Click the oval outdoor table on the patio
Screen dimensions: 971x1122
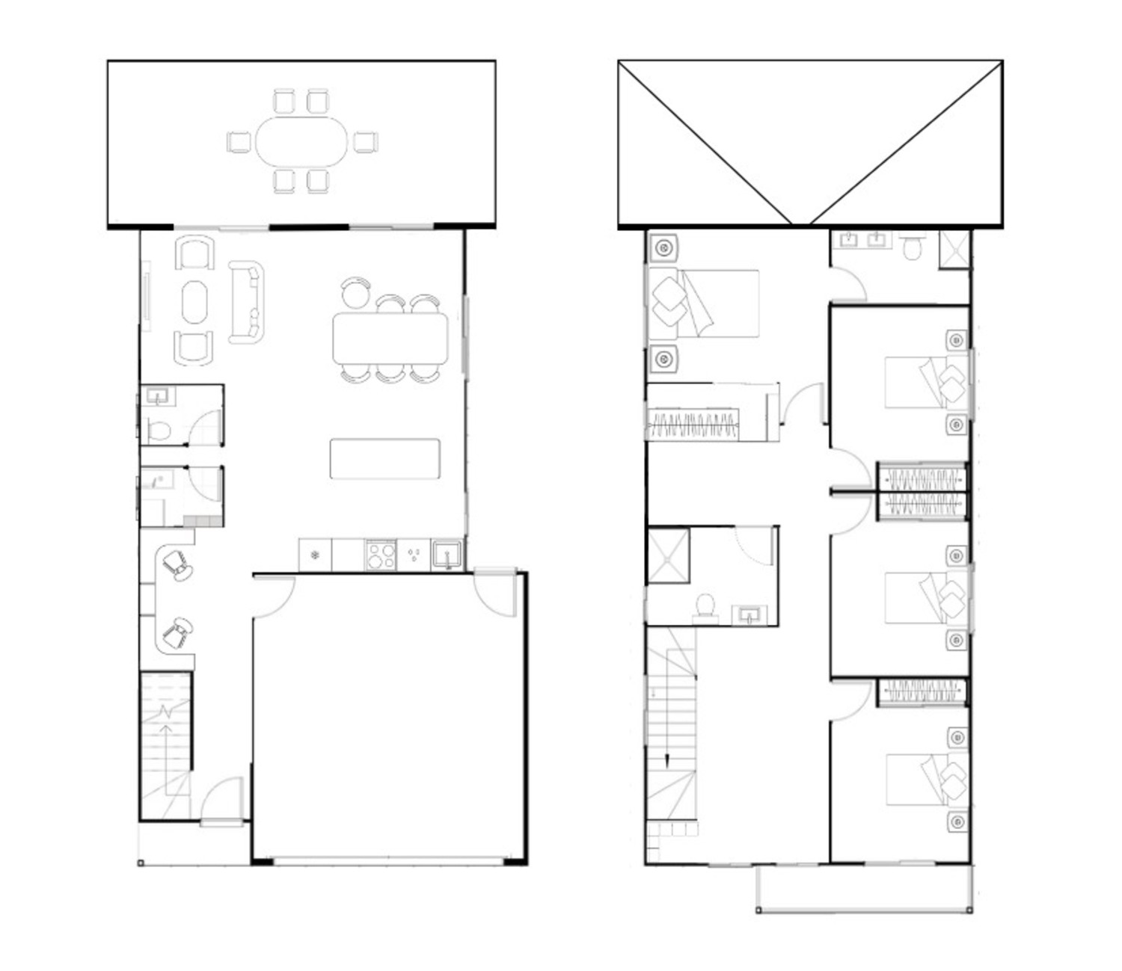pos(302,141)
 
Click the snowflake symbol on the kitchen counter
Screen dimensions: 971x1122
pos(315,555)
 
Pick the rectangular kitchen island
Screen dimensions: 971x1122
pos(384,458)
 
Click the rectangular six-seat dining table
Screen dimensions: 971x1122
pos(390,339)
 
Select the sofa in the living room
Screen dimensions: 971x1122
pos(246,301)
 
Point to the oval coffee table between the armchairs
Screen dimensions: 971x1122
pos(194,301)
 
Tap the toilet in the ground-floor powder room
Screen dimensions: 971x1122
pos(159,431)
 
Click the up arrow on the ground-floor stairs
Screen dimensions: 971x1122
pos(166,729)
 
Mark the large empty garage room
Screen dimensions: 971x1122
pos(389,718)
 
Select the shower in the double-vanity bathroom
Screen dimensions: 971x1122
pos(954,249)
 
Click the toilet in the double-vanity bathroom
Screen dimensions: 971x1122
pos(913,247)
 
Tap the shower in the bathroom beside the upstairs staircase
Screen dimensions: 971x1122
pos(668,555)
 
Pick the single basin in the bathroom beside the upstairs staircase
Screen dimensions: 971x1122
pos(750,614)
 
